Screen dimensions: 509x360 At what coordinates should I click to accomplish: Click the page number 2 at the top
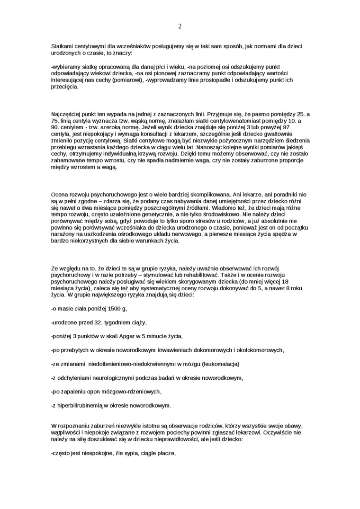click(180, 27)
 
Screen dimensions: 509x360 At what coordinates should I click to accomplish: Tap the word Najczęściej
click(68, 114)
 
